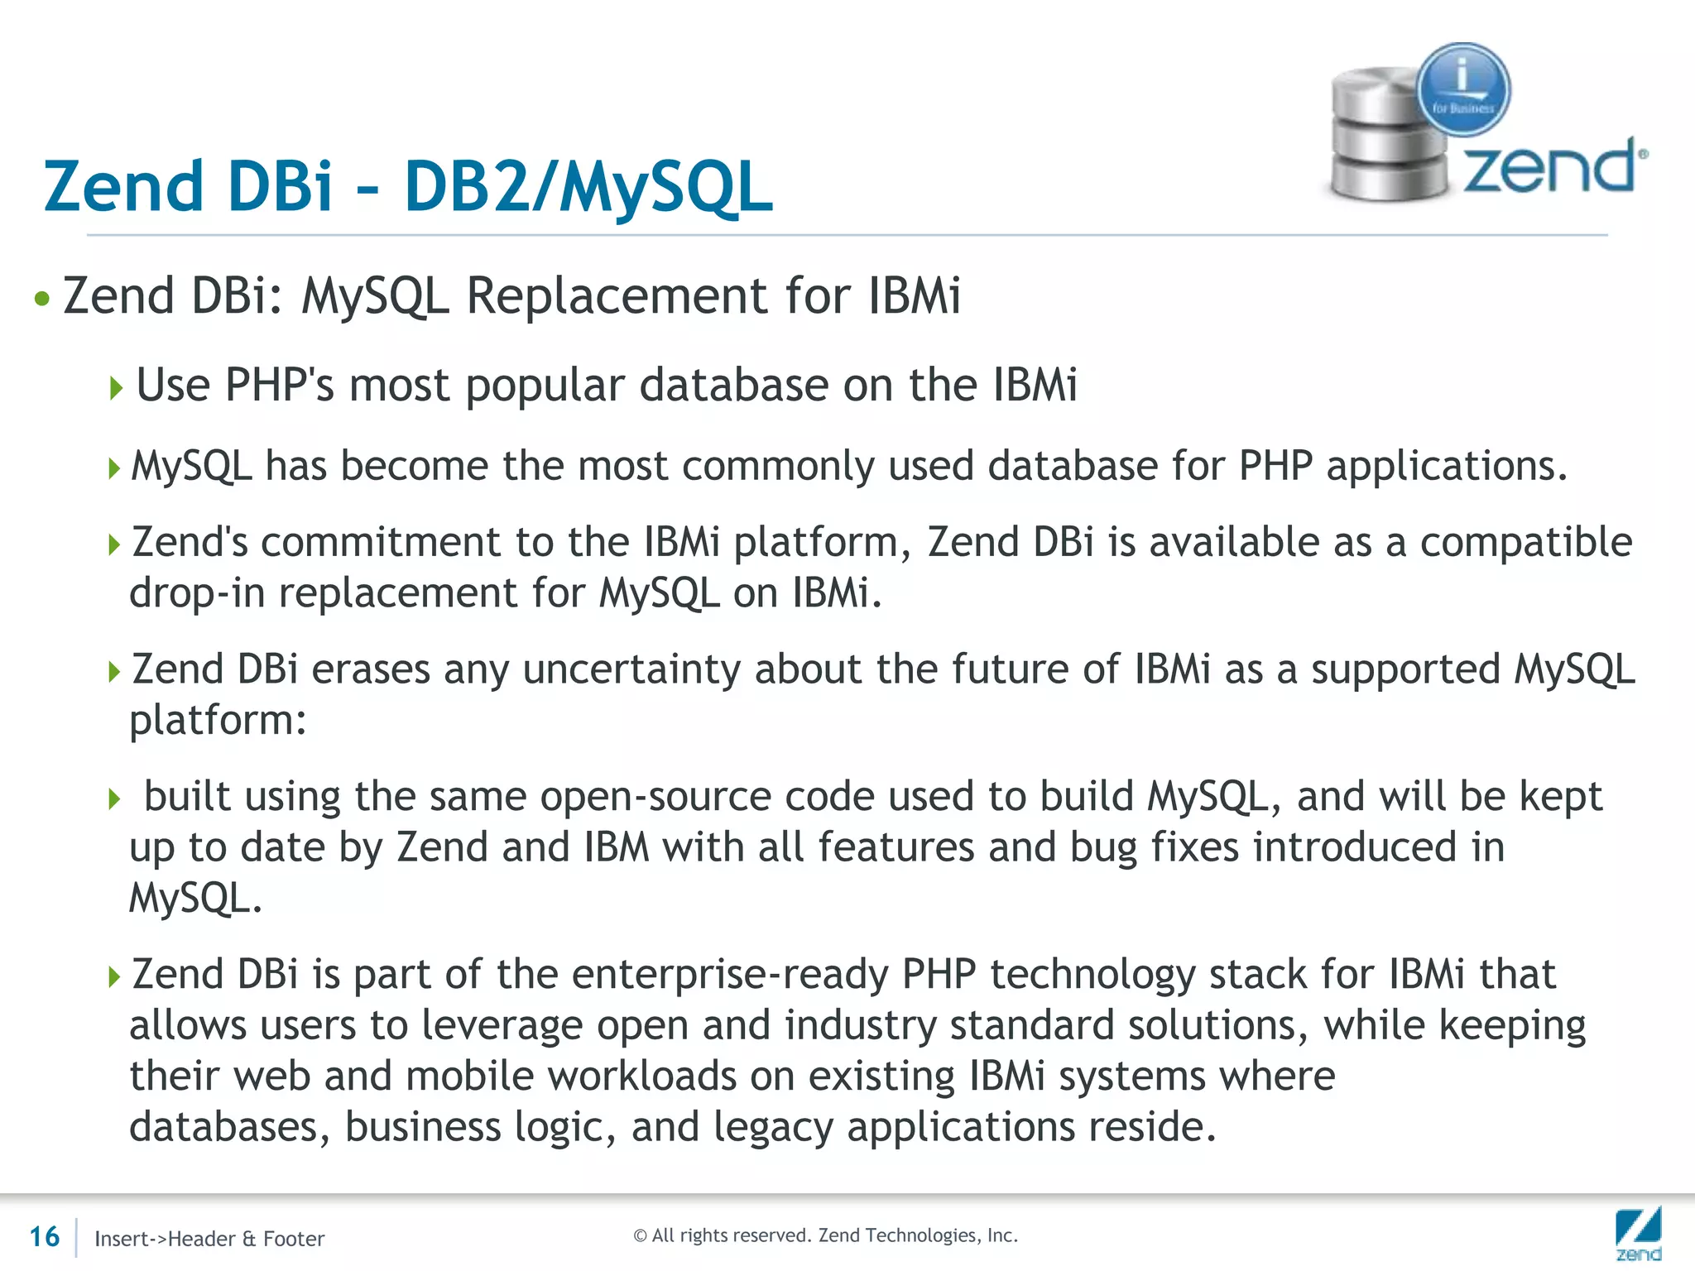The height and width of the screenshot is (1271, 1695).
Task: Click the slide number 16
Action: tap(45, 1236)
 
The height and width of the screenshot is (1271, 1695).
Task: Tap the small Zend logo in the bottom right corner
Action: tap(1638, 1233)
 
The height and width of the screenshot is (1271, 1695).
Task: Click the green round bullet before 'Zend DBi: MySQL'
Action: tap(42, 298)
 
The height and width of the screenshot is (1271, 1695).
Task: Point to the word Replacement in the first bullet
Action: tap(617, 295)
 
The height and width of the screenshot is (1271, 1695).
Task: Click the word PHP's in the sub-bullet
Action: tap(279, 385)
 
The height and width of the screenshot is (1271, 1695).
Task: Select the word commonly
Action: tap(778, 465)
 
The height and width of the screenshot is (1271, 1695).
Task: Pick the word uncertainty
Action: tap(631, 669)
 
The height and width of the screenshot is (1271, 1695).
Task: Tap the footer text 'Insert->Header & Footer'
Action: tap(209, 1239)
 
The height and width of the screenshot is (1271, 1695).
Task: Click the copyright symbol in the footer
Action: tap(640, 1235)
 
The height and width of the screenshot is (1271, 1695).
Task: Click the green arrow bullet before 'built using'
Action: tap(115, 799)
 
